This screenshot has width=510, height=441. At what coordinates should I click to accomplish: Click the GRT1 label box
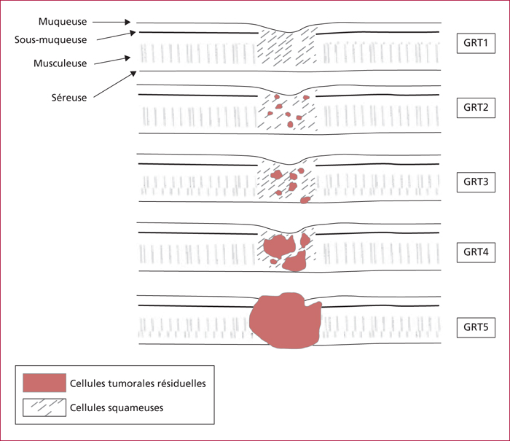476,43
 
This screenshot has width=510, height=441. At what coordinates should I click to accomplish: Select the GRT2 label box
476,108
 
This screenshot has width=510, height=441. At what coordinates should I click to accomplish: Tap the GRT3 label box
476,182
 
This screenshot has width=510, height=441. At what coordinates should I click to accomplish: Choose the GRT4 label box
476,252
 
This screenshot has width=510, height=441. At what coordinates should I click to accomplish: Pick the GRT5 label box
476,327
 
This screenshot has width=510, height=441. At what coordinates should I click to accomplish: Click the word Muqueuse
63,22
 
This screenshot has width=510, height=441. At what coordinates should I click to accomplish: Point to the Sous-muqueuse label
50,40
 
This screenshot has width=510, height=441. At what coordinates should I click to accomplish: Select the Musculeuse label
60,63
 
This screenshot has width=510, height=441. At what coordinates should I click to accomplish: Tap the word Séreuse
69,98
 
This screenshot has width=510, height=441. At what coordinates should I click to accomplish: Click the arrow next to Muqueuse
111,22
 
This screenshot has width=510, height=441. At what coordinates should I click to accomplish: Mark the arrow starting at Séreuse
114,85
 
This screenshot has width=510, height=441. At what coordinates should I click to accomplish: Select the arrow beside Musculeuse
112,61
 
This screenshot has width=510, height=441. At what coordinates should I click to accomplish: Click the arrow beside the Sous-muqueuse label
116,36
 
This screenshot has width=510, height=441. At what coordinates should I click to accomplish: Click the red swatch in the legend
44,383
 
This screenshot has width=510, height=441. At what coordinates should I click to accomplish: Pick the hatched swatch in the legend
44,407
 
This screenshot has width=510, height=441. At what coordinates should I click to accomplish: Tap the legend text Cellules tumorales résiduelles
138,383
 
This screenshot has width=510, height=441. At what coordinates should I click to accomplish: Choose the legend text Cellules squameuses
117,407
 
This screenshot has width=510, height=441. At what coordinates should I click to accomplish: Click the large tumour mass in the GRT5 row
286,321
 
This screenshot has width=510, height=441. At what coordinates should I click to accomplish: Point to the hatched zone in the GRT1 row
287,48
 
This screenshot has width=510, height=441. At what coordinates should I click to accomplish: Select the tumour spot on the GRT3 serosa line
305,200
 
